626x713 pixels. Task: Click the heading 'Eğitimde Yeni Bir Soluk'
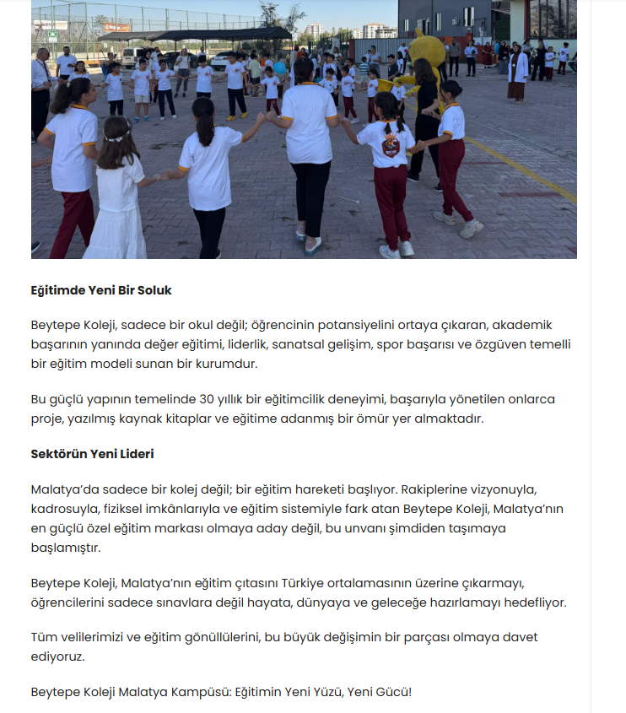pyautogui.click(x=101, y=290)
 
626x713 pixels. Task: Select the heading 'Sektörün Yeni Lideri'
pyautogui.click(x=92, y=454)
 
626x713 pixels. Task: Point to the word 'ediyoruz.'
pyautogui.click(x=57, y=656)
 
